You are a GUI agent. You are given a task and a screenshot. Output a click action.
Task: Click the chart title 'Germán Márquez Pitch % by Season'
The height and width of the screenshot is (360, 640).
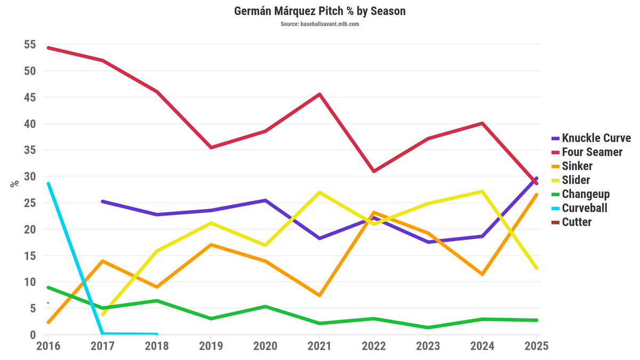[320, 11]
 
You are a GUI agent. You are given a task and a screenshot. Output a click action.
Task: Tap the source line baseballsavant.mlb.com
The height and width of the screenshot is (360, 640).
[320, 24]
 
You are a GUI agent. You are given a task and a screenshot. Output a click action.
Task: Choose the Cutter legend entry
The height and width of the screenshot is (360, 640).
[577, 222]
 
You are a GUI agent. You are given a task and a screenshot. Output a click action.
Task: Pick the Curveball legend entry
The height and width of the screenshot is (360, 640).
[585, 208]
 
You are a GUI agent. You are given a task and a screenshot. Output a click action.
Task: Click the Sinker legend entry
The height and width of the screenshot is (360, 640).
[577, 166]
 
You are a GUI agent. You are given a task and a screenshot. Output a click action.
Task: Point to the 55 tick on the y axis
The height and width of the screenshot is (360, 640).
[29, 45]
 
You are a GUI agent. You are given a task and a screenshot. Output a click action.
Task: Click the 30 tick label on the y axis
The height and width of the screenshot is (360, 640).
[29, 177]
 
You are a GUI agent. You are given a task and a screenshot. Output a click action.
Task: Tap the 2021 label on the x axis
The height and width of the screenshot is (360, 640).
[319, 346]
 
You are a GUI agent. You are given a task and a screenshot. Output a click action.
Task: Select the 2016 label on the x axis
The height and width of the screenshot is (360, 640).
[48, 346]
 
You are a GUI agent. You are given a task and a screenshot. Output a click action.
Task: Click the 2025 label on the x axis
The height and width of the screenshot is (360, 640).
[535, 346]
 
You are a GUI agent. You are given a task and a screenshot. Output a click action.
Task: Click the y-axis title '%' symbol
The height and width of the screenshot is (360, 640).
[14, 183]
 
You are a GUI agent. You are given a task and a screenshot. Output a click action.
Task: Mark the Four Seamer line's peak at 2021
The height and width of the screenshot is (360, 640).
[319, 94]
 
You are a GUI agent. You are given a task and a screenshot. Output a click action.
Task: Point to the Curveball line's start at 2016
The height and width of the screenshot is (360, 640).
[49, 183]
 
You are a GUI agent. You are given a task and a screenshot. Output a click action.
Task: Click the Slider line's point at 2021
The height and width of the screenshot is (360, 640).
[319, 192]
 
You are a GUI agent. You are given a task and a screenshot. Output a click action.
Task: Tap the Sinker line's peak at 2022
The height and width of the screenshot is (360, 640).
[373, 212]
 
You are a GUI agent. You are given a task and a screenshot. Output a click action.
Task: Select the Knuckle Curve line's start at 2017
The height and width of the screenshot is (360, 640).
[102, 202]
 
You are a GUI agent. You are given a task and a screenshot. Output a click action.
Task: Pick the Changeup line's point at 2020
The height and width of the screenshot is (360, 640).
[265, 306]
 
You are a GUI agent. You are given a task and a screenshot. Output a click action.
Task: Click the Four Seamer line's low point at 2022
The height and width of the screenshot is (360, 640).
[373, 171]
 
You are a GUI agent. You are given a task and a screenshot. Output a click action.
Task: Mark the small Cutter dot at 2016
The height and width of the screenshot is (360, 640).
[48, 303]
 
